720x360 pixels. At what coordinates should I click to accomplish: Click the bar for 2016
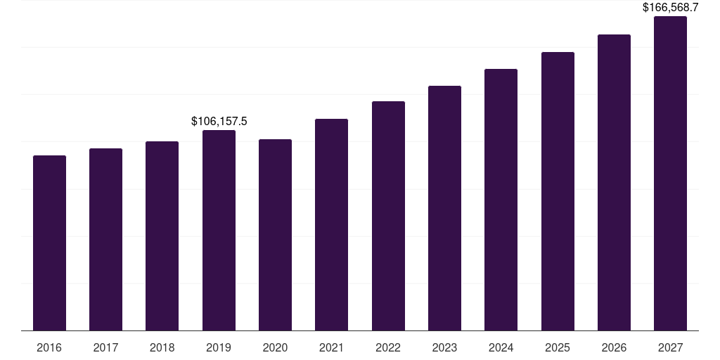coord(49,243)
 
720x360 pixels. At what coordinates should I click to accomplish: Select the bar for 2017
coord(105,239)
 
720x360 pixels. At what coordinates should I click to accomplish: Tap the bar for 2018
coord(162,236)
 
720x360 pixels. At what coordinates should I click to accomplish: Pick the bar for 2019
coord(219,230)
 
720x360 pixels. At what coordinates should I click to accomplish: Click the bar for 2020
coord(275,235)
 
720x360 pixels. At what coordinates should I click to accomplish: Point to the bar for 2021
coord(331,224)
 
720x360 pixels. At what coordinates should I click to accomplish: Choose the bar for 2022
coord(388,216)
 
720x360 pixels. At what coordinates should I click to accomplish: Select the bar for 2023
coord(444,208)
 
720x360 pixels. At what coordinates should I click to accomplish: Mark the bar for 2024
coord(501,200)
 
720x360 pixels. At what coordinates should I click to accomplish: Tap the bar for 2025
coord(558,191)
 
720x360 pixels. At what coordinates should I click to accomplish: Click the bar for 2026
coord(614,182)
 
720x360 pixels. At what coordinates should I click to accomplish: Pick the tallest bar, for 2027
coord(670,173)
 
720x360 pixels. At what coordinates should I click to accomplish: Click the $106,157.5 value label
coord(219,122)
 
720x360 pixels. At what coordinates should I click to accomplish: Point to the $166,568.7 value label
coord(670,8)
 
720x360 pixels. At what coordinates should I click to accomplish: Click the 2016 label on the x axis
coord(49,348)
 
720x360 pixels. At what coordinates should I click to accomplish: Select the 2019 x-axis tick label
coord(219,348)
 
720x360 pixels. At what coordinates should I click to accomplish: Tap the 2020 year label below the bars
coord(275,348)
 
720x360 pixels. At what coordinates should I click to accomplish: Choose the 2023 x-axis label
coord(444,348)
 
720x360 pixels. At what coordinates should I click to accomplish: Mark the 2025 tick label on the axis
coord(558,348)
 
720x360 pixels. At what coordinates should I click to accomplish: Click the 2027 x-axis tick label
coord(670,348)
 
